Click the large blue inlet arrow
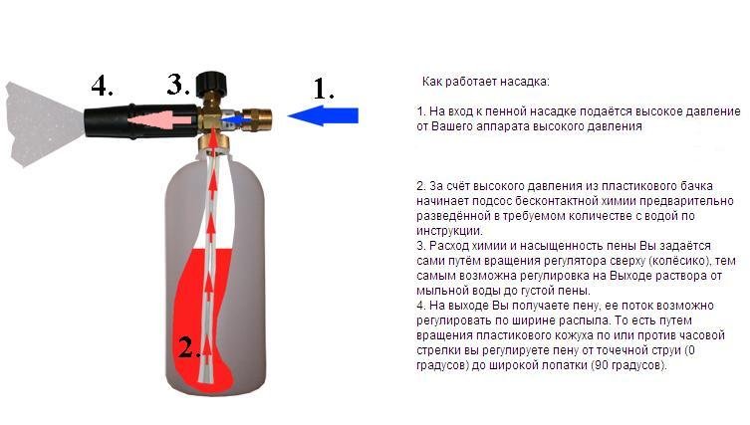coord(323,115)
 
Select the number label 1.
coord(324,89)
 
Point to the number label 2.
coord(188,347)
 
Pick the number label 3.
coord(178,84)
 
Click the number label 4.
coord(102,86)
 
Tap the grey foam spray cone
coord(44,123)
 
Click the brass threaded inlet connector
coord(258,117)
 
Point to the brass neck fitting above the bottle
coord(213,142)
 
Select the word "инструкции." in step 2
coord(449,231)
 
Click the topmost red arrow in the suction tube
coord(213,182)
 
